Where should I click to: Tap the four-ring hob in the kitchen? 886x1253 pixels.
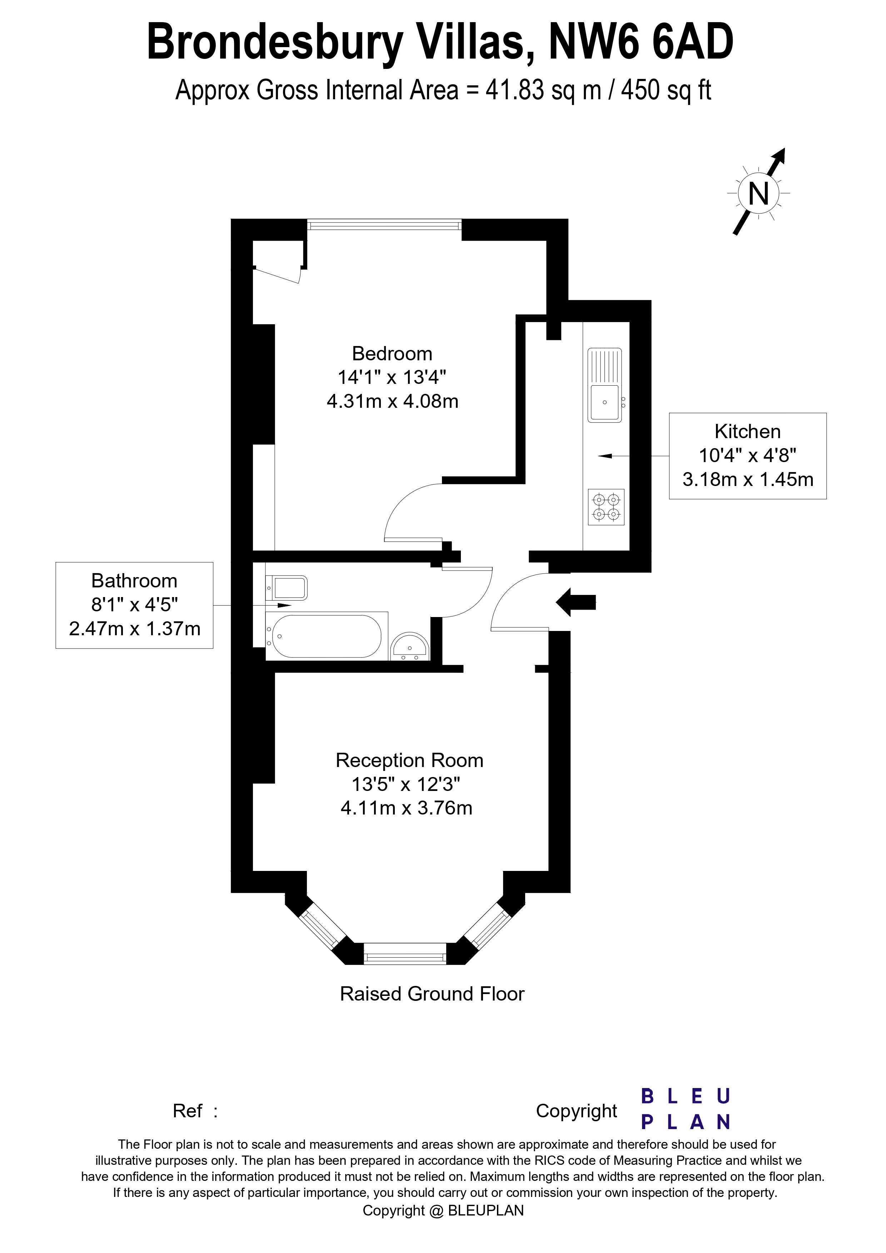point(606,507)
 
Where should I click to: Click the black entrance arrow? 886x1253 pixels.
point(575,602)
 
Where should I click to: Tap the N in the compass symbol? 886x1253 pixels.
point(758,194)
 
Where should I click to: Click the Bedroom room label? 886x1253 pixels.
point(392,354)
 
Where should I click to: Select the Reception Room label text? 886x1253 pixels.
point(409,760)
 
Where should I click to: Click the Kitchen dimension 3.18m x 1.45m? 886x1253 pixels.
point(747,479)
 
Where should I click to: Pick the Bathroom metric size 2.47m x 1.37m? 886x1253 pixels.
point(135,629)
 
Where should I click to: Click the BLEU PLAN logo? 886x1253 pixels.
point(685,1109)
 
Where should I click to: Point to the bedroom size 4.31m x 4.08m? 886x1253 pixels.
point(392,402)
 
